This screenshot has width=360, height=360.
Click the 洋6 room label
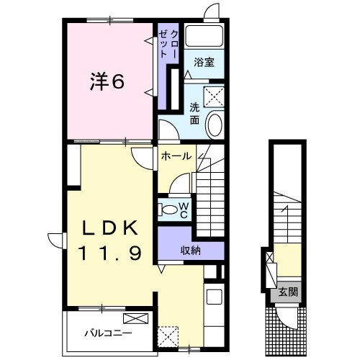pos(108,83)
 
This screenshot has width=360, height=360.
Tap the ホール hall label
pos(176,156)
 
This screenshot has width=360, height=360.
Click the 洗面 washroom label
pos(194,114)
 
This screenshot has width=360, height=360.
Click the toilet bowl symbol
pos(168,210)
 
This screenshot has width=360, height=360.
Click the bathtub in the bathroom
pos(205,36)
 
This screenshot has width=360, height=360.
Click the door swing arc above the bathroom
pos(210,12)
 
